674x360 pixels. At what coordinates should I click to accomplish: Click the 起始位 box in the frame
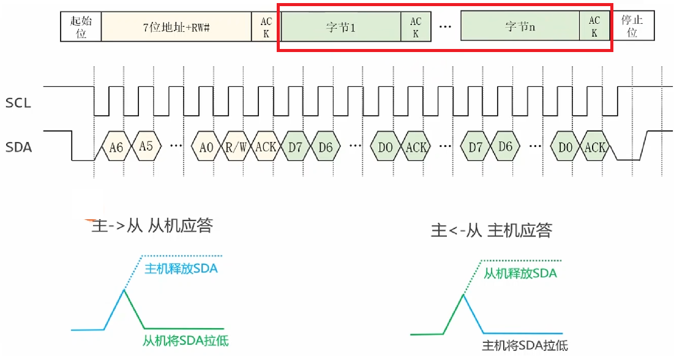coord(81,27)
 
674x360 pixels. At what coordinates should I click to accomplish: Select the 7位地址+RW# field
coord(177,27)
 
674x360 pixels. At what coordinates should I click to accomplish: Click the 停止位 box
coord(632,27)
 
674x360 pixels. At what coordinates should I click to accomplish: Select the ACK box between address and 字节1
coord(266,27)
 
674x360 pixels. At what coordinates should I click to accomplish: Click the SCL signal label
coord(18,103)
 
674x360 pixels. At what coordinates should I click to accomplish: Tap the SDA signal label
coord(18,147)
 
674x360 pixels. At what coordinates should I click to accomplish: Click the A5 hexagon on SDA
coord(146,147)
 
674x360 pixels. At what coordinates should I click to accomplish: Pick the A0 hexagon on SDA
coord(206,148)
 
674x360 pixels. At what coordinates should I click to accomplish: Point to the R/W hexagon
coord(236,148)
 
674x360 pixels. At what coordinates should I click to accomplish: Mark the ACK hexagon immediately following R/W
coord(266,148)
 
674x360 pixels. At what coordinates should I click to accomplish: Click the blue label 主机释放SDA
coord(181,269)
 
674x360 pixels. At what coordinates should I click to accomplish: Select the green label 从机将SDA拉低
coord(185,341)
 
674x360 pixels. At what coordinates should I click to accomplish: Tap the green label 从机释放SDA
coord(520,274)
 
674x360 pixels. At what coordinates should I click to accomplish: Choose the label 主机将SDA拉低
coord(525,345)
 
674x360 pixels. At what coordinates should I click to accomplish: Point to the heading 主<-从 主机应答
coord(492,230)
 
